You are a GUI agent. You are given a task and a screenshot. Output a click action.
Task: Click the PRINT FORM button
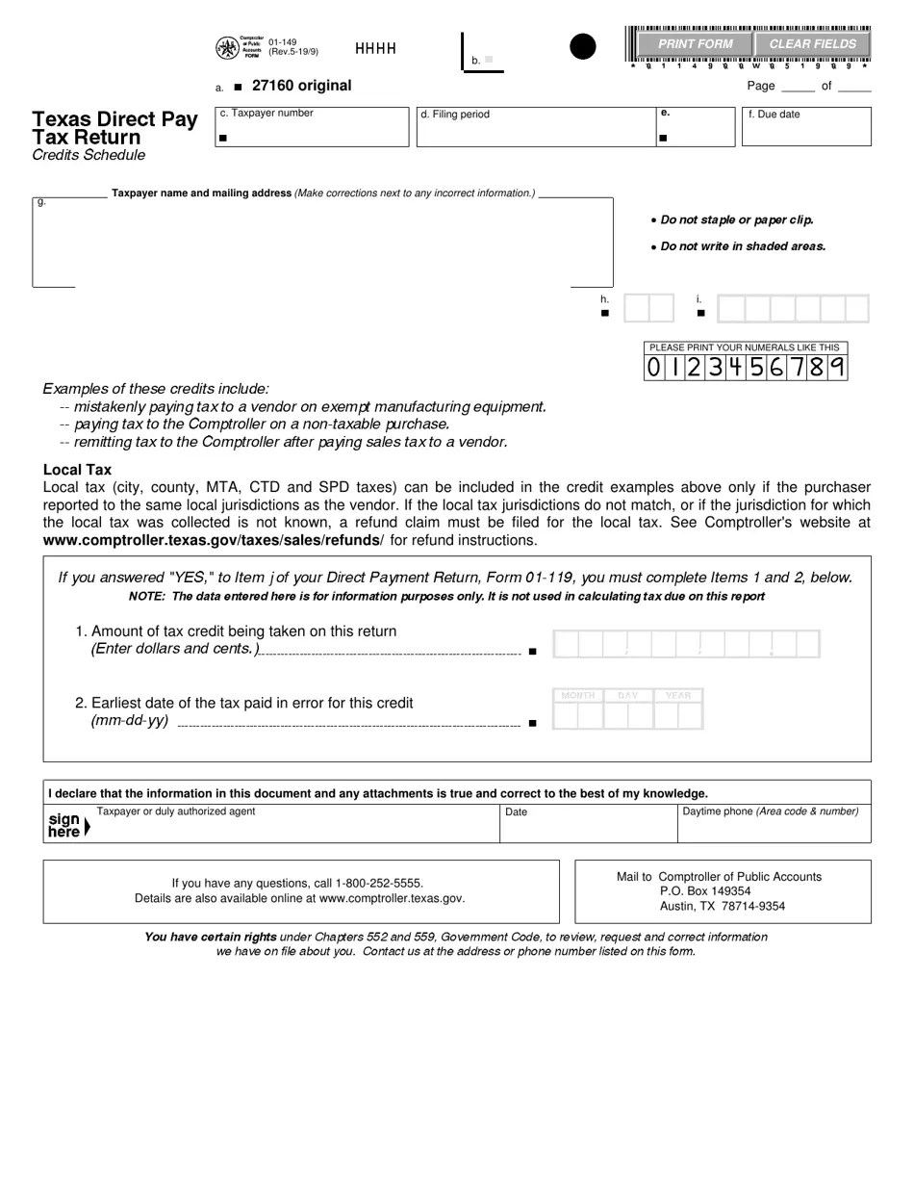(x=695, y=44)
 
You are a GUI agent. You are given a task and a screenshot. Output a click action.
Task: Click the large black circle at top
(x=583, y=46)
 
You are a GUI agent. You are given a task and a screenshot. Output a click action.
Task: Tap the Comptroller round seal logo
(x=227, y=48)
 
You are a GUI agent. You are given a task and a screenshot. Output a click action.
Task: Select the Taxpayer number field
(x=313, y=132)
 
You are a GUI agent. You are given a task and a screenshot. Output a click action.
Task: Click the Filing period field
(x=534, y=132)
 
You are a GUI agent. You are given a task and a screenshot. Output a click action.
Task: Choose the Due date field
(x=806, y=132)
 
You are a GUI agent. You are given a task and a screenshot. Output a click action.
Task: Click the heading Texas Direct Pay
(x=114, y=119)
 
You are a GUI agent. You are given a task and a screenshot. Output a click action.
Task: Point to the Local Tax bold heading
(x=77, y=470)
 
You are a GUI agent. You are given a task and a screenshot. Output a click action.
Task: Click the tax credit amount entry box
(x=686, y=644)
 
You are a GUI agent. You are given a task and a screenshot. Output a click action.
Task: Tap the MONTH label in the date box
(x=577, y=695)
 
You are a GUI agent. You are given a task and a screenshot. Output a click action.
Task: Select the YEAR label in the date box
(x=678, y=695)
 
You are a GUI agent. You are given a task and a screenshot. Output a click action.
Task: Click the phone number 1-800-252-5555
(x=379, y=883)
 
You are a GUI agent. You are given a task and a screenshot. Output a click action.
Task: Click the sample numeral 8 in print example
(x=816, y=367)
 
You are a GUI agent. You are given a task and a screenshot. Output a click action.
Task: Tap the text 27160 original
(x=301, y=86)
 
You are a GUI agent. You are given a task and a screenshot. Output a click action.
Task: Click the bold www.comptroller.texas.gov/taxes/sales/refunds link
(x=213, y=540)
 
